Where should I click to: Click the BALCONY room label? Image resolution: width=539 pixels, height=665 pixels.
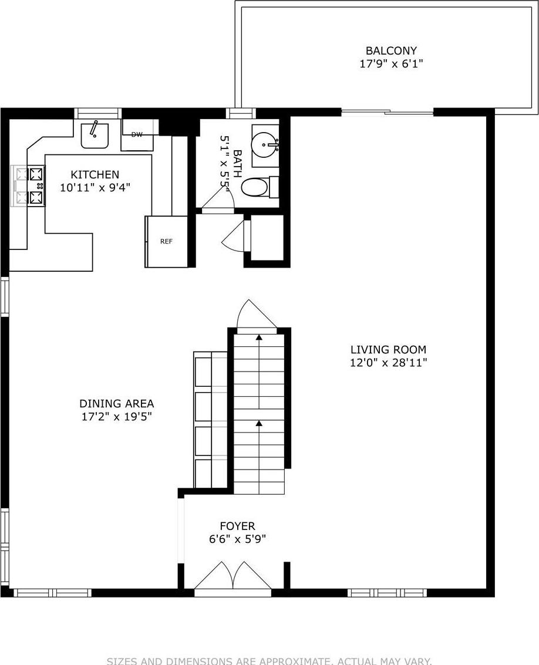pyautogui.click(x=391, y=51)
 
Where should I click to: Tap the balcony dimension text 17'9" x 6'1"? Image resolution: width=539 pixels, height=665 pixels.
pyautogui.click(x=391, y=63)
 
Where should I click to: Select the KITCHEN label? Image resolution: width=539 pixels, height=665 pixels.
pyautogui.click(x=95, y=174)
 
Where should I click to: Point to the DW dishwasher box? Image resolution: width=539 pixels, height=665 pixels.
pyautogui.click(x=137, y=134)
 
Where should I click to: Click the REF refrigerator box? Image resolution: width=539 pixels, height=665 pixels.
pyautogui.click(x=166, y=241)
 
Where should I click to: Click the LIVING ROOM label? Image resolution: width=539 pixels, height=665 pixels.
pyautogui.click(x=388, y=350)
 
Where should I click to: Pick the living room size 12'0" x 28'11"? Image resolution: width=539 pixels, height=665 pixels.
pyautogui.click(x=388, y=363)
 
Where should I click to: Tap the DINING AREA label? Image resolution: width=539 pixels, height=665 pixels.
pyautogui.click(x=116, y=403)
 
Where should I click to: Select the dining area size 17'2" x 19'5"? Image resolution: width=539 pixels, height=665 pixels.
pyautogui.click(x=116, y=417)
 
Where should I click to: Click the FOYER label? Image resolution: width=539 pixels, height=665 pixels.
pyautogui.click(x=237, y=526)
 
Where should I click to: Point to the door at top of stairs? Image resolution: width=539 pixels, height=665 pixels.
pyautogui.click(x=254, y=317)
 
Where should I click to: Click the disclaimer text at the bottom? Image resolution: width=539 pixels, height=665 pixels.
pyautogui.click(x=269, y=660)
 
